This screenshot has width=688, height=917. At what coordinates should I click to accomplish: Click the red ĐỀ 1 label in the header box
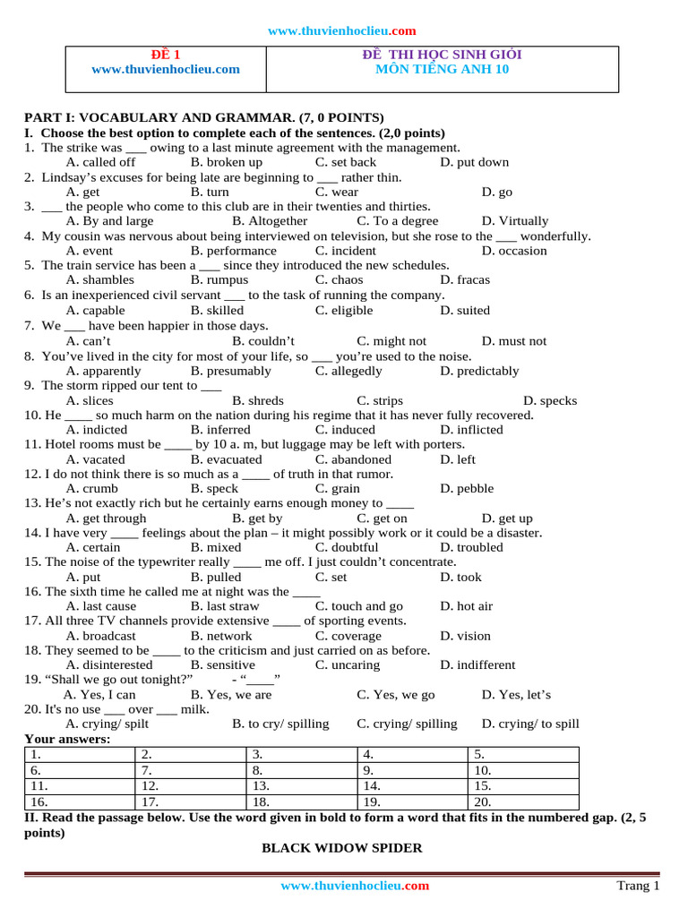[x=165, y=55]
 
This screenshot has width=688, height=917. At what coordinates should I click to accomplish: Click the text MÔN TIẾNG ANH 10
[x=442, y=69]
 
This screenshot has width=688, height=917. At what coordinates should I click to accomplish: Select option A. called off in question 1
[x=101, y=162]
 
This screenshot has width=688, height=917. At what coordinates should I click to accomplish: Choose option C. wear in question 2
[x=336, y=192]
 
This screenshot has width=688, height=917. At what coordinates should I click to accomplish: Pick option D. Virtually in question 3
[x=514, y=220]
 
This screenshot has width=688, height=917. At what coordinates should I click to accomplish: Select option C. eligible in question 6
[x=343, y=310]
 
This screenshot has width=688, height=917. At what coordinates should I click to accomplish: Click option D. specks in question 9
[x=550, y=400]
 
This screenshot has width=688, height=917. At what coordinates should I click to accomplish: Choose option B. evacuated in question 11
[x=226, y=459]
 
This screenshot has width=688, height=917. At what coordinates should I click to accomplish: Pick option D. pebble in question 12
[x=467, y=489]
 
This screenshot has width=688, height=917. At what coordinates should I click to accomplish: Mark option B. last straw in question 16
[x=225, y=606]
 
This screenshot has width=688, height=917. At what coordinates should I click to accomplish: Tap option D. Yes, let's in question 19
[x=516, y=694]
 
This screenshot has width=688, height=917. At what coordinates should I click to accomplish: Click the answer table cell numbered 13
[x=301, y=785]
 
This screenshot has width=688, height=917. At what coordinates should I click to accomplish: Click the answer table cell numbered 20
[x=523, y=801]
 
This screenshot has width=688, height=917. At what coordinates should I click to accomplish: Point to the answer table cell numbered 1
[x=79, y=754]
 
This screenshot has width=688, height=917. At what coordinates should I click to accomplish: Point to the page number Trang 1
[x=638, y=886]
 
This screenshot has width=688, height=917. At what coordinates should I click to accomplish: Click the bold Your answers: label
[x=67, y=739]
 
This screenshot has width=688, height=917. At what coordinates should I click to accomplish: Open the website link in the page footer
[x=355, y=886]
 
